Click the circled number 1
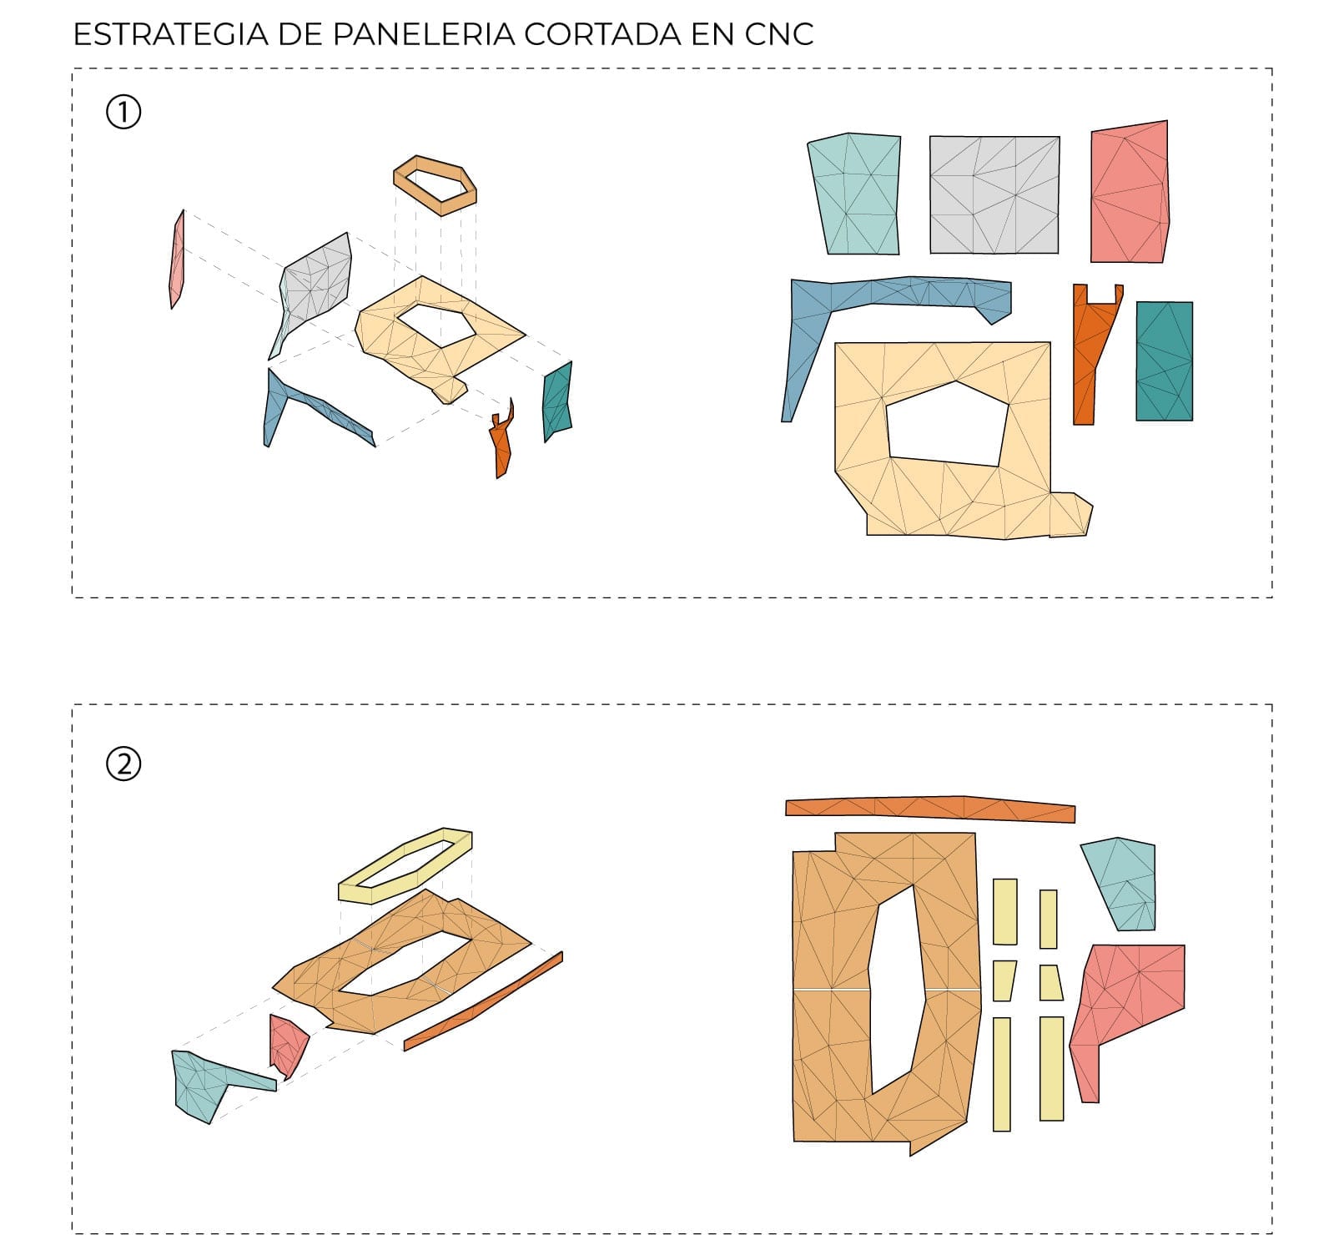123,112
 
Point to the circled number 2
123,764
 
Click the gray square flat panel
994,194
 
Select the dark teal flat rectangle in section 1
1164,360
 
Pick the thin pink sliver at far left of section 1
177,260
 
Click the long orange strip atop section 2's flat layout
930,808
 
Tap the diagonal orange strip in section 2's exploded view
484,1001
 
